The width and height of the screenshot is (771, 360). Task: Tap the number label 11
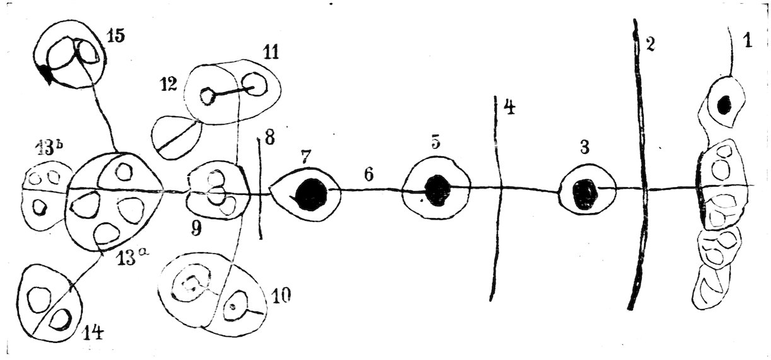point(271,52)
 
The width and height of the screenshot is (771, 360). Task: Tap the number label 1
point(748,42)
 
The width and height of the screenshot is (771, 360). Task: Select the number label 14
point(92,332)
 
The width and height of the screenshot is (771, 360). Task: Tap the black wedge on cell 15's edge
point(45,74)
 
